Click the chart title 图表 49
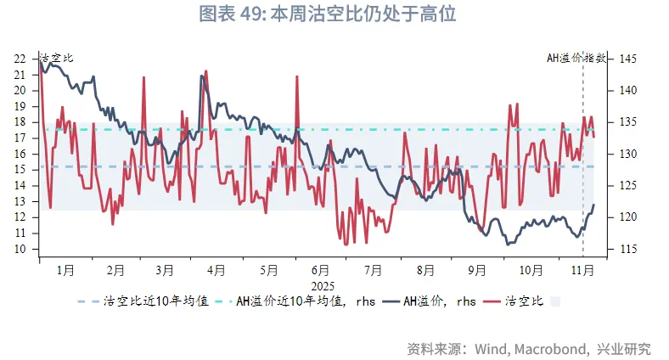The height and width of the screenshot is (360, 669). click(334, 14)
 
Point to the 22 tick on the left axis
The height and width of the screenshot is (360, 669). click(20, 59)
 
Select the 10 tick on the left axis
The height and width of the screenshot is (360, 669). click(20, 250)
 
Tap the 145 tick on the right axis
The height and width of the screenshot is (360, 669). click(628, 59)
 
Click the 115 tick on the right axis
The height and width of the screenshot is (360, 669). click(628, 250)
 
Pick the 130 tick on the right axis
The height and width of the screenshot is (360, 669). click(628, 155)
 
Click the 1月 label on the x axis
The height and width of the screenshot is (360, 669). click(65, 270)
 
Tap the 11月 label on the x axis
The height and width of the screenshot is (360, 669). click(582, 270)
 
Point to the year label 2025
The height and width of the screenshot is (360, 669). click(323, 286)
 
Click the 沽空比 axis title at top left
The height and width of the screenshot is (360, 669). click(57, 58)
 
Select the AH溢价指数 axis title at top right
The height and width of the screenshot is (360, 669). click(576, 58)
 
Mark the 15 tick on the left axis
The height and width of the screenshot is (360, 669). click(20, 170)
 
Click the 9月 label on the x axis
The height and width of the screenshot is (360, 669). click(476, 270)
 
